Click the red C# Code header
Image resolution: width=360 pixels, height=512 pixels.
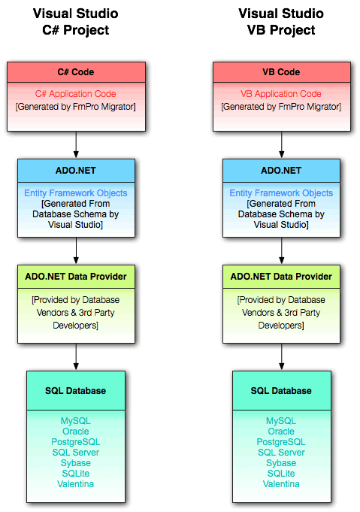pos(75,72)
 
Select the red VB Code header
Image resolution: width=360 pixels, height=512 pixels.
pos(280,72)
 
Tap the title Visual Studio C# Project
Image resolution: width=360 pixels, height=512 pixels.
pos(75,22)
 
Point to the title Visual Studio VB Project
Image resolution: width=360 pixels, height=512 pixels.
pos(280,22)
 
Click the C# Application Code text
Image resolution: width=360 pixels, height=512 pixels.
pos(75,94)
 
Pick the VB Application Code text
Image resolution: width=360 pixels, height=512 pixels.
pos(280,94)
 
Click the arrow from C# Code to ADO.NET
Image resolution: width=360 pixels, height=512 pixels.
pos(75,144)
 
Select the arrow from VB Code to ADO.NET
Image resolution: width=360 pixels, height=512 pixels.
pos(281,144)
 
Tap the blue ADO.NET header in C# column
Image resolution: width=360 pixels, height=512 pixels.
pos(75,171)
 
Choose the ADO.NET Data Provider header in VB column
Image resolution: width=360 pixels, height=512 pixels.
pos(280,277)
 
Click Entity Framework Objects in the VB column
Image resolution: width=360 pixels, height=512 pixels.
pos(280,193)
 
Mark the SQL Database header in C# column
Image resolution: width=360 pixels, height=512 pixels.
pos(75,391)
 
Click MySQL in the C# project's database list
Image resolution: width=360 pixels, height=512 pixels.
pos(75,421)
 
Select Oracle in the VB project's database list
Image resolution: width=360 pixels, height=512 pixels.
pos(281,432)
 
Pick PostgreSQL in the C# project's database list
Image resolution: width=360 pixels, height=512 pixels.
pos(75,442)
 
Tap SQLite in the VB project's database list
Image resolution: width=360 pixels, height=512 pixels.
pos(281,474)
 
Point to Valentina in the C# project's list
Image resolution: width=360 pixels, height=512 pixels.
pos(75,484)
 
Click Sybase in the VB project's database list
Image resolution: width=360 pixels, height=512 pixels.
pos(281,463)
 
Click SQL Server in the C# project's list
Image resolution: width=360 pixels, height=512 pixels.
pos(75,453)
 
